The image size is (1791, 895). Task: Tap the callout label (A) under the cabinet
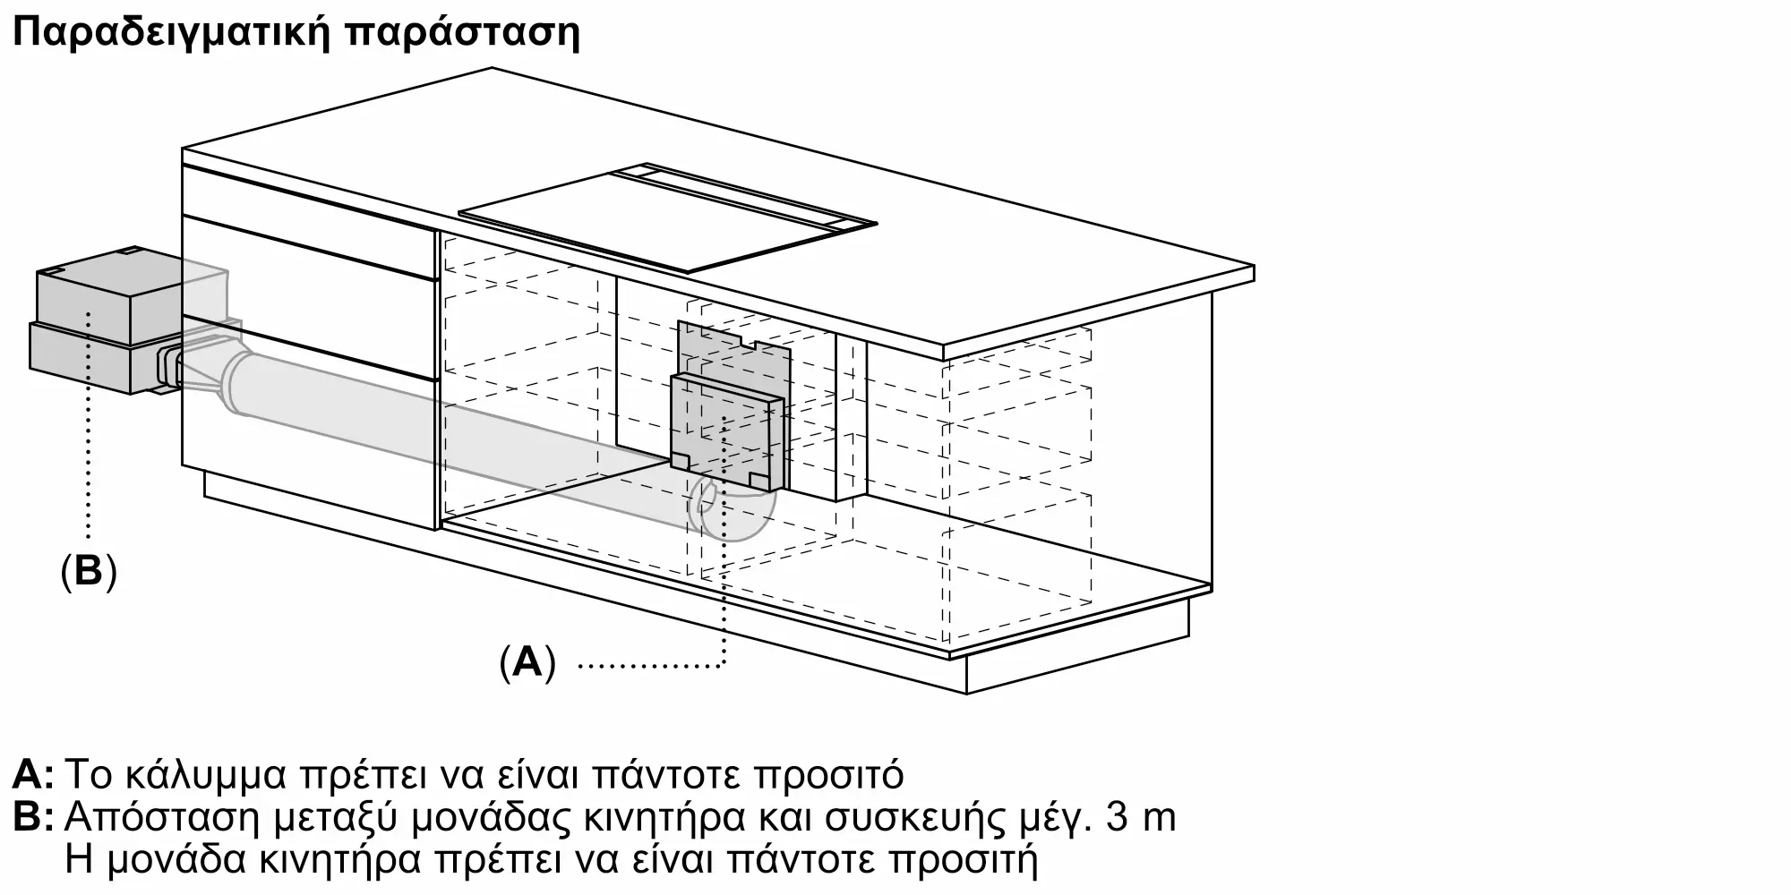527,663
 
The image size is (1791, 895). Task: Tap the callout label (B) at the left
89,570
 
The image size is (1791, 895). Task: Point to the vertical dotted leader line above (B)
89,430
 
